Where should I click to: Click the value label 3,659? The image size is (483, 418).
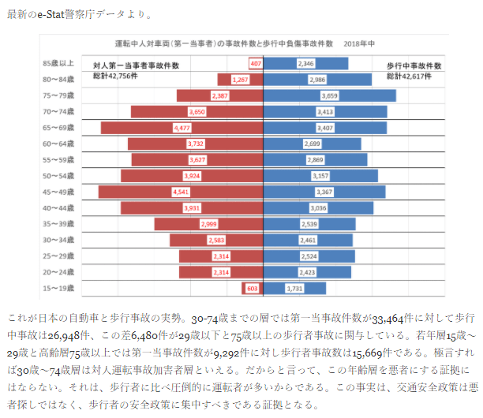(329, 95)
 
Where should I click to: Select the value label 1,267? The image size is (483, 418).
(240, 80)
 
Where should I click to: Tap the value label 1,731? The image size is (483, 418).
(295, 289)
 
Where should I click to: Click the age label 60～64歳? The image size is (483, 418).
(59, 144)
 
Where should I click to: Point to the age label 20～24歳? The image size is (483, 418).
(59, 272)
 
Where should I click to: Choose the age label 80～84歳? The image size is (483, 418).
(59, 80)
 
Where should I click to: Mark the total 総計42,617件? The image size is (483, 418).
(409, 77)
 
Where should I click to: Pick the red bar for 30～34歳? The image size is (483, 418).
(213, 240)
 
